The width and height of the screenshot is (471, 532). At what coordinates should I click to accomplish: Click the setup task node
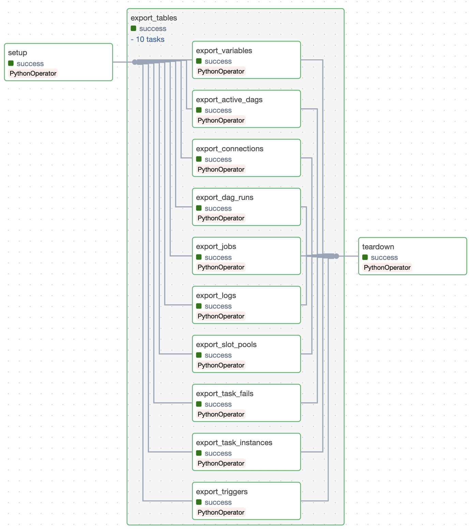58,62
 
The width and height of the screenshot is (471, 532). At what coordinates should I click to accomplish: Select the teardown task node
412,256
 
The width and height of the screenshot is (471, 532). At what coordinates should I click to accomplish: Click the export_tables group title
154,18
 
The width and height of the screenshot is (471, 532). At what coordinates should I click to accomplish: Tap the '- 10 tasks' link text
148,40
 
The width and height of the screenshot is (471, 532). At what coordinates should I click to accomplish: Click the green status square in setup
11,63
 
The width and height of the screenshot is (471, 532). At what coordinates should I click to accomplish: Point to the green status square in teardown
365,257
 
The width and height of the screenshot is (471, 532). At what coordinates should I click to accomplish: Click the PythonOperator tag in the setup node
33,74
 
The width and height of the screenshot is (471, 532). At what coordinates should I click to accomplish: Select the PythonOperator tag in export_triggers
221,512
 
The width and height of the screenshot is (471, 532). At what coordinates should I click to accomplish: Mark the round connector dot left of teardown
336,256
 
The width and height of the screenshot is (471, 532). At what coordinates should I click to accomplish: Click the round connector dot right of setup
135,62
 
